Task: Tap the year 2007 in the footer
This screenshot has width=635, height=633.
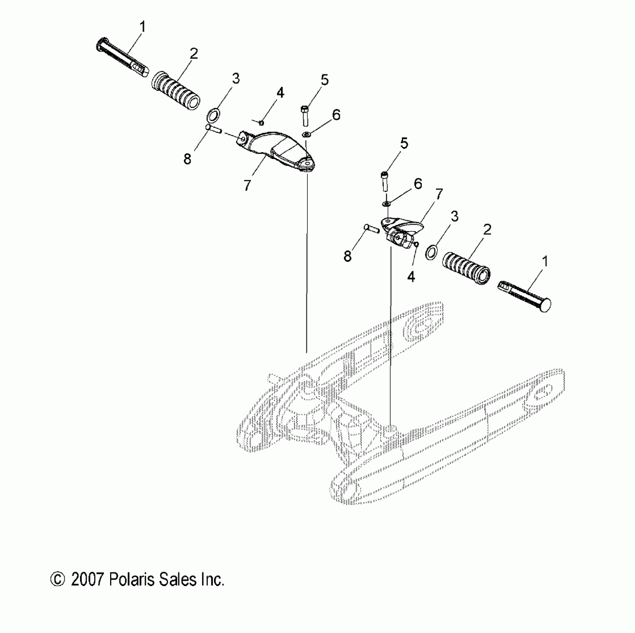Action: click(86, 580)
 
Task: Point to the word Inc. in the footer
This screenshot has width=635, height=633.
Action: click(212, 580)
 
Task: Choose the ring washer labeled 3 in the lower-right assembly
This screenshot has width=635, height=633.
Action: click(431, 253)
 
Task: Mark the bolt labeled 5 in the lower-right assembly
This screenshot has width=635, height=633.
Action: click(385, 182)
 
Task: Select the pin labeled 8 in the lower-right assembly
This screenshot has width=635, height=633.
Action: click(371, 228)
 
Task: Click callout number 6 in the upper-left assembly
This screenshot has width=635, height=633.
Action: click(336, 115)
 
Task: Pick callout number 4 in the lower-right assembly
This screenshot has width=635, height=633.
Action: click(411, 277)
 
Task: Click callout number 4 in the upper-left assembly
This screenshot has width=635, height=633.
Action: click(280, 93)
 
